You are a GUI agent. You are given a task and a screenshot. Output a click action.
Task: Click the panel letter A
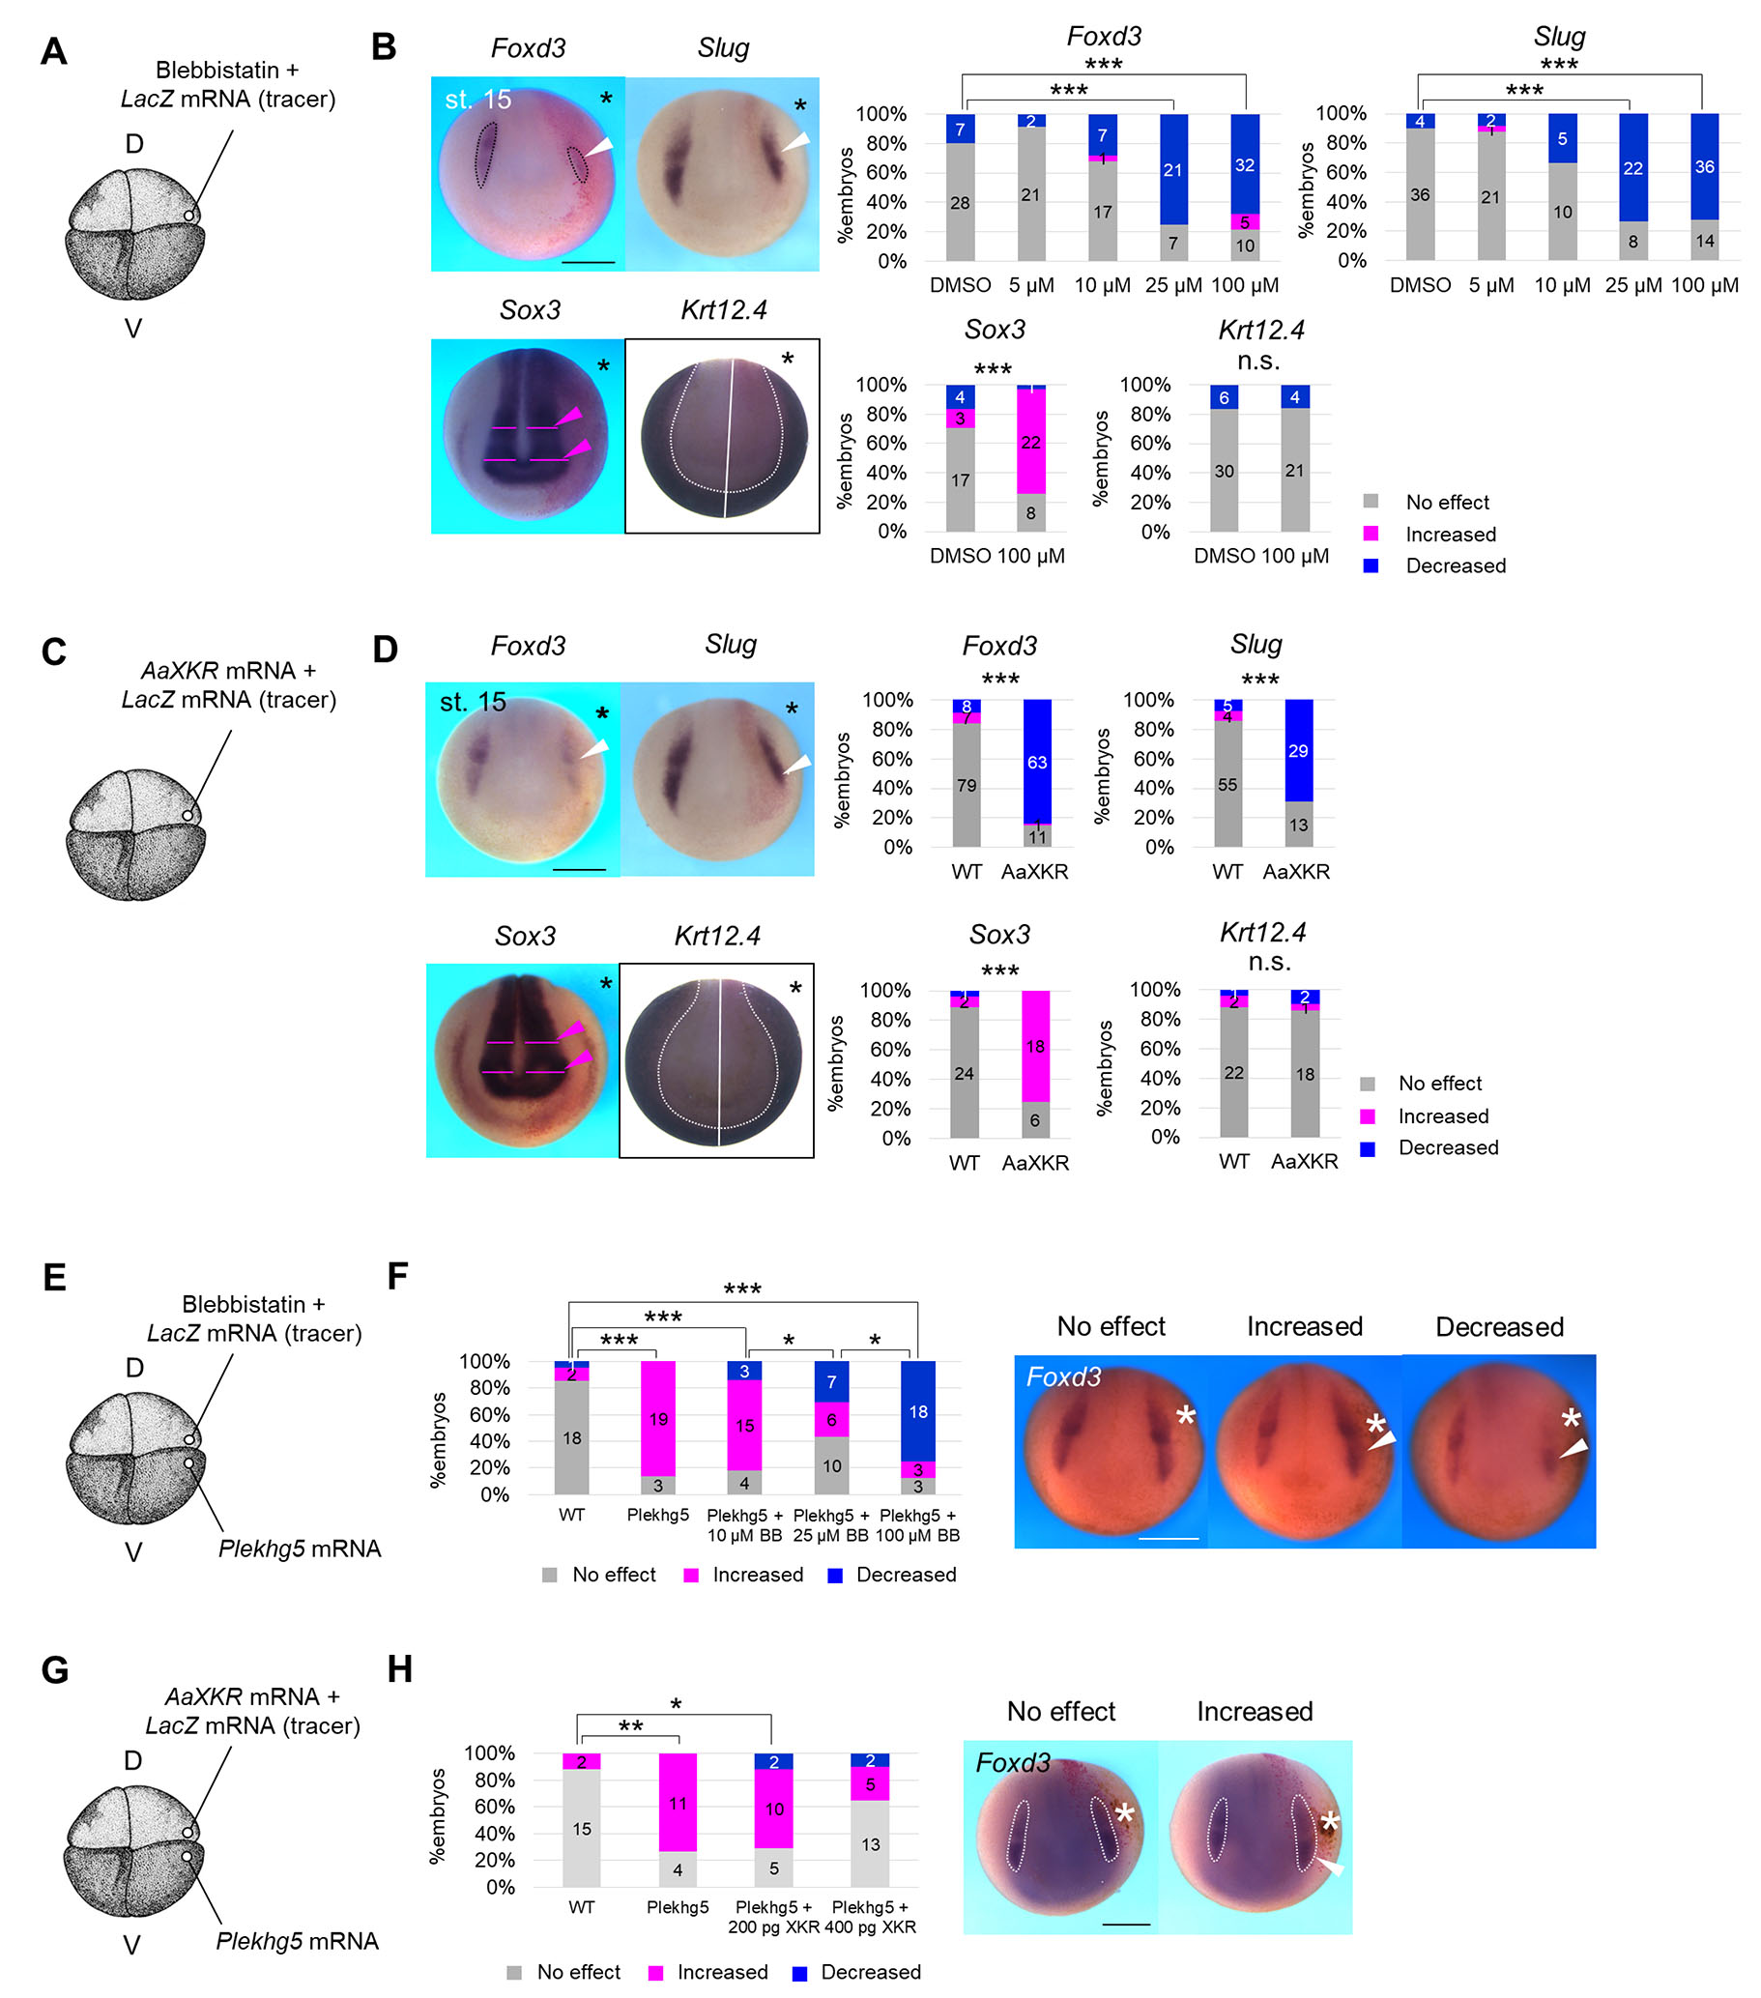(x=54, y=51)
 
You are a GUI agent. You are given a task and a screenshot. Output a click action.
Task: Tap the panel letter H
(x=400, y=1668)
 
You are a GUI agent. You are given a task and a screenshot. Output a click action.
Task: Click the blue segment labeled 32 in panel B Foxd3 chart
(x=1243, y=164)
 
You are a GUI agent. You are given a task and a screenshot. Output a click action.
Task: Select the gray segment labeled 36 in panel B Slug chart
(x=1419, y=193)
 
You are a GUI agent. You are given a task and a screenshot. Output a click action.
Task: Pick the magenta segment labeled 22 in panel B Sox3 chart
(x=1030, y=441)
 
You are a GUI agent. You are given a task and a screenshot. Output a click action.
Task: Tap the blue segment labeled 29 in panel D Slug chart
(x=1297, y=750)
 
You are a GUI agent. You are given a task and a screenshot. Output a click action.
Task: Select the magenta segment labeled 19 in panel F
(x=657, y=1417)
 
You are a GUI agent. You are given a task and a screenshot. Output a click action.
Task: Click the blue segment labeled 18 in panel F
(x=917, y=1410)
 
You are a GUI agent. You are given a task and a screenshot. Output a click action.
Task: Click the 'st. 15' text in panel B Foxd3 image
(x=477, y=100)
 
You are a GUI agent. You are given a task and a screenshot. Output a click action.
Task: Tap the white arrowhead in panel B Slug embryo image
(x=796, y=142)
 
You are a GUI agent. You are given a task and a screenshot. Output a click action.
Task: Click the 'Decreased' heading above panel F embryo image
(x=1498, y=1326)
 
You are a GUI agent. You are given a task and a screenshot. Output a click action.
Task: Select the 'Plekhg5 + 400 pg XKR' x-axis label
(x=870, y=1916)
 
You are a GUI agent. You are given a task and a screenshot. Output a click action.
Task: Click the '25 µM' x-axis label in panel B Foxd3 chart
(x=1171, y=285)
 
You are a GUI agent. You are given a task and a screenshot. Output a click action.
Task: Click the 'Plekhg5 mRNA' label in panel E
(x=299, y=1549)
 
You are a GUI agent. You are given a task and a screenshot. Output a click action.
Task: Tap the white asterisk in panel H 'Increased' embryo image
(x=1329, y=1821)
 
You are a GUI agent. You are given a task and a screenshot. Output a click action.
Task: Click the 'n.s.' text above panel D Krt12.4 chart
(x=1269, y=962)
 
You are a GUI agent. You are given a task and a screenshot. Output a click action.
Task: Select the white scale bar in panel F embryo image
(x=1168, y=1539)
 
